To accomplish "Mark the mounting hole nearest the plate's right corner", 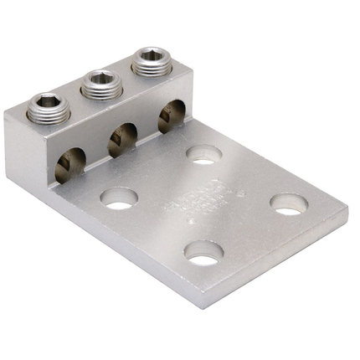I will coord(289,203).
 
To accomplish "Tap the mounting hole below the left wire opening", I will coord(119,199).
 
